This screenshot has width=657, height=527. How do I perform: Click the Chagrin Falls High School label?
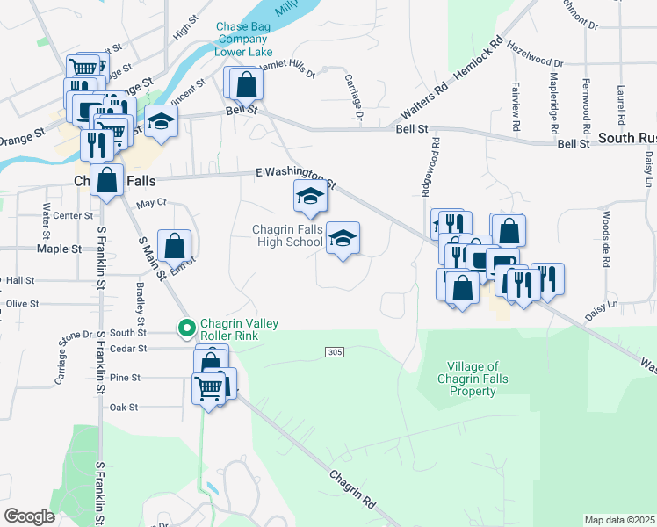coord(288,235)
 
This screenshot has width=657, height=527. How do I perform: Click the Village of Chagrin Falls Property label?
coord(473,379)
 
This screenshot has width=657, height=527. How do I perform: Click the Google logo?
coord(29,516)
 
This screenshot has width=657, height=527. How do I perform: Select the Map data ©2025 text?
coord(619,520)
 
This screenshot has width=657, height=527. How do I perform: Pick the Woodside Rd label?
coord(605,239)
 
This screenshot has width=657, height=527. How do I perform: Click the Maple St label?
coord(59,249)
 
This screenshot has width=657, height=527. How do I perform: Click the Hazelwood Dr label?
coord(535,63)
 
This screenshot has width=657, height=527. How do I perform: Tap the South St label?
coord(128,333)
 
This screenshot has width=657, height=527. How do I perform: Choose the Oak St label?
coord(123,408)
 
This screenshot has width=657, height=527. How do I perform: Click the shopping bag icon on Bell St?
coord(247,85)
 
